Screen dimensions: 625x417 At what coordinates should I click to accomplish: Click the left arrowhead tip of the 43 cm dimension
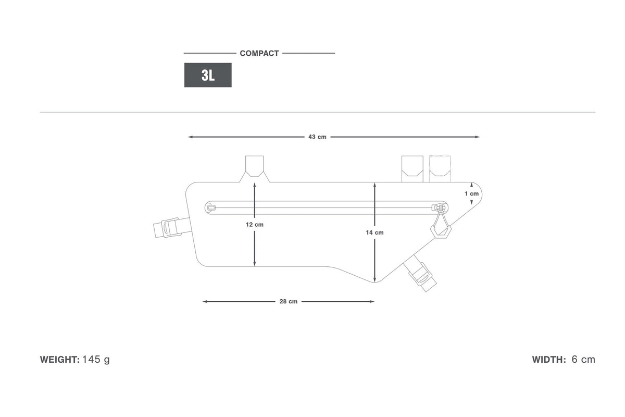click(189, 137)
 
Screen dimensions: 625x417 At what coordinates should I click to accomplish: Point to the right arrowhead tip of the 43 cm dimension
click(479, 137)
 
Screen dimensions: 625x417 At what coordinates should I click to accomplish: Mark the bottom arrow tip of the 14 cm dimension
click(374, 282)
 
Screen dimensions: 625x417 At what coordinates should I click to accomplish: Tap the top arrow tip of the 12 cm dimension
click(255, 182)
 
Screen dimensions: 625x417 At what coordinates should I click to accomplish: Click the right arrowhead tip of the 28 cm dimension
click(374, 301)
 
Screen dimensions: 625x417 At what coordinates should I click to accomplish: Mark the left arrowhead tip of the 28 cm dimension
click(203, 301)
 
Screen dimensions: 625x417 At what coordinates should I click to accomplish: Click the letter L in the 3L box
click(211, 75)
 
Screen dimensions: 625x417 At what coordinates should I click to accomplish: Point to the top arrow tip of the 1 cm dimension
click(471, 182)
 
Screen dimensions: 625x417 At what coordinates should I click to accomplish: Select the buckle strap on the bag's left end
click(172, 227)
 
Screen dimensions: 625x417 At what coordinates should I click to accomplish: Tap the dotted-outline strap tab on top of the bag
click(440, 169)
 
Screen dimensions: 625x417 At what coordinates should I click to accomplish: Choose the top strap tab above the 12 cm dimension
click(255, 166)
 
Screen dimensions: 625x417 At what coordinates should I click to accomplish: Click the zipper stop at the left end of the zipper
click(211, 207)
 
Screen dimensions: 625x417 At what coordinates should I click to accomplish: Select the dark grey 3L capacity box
click(208, 75)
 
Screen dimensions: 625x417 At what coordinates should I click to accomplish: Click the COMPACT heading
click(259, 53)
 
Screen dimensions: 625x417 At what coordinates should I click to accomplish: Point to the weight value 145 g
click(96, 360)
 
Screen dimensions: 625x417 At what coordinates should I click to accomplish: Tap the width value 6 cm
click(583, 359)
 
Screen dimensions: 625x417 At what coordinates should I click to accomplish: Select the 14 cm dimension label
click(374, 232)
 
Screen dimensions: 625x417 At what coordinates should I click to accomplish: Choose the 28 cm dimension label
click(288, 301)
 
